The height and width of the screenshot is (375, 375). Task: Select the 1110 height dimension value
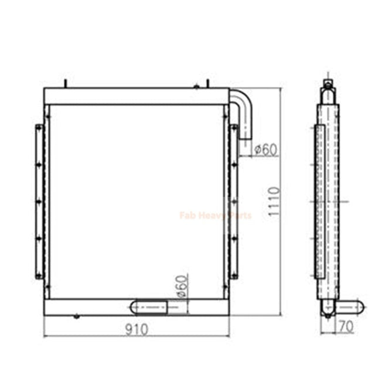[274, 202]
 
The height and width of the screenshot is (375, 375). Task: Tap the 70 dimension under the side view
[346, 327]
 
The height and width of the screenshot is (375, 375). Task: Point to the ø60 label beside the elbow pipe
[265, 149]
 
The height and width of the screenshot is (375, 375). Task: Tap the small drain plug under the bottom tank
[76, 317]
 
